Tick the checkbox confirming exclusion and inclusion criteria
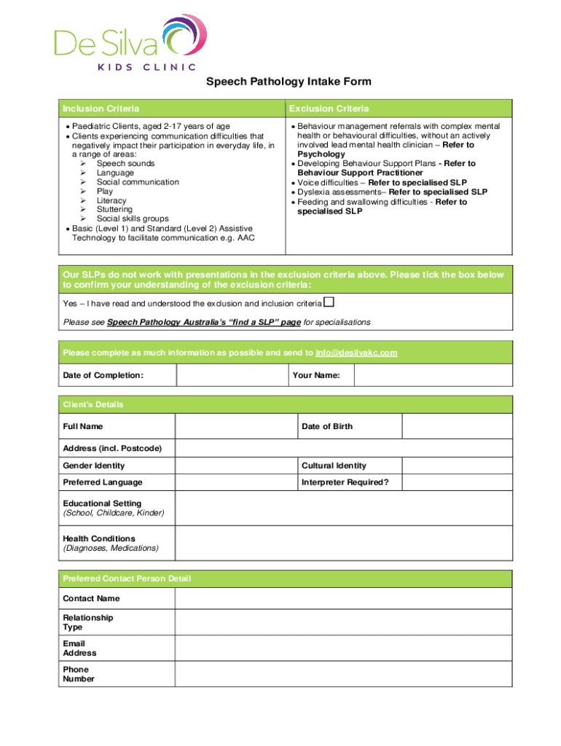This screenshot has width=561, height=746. click(329, 302)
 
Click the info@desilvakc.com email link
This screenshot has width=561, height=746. click(356, 353)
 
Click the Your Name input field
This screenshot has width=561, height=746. click(433, 375)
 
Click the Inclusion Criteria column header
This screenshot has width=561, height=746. click(101, 109)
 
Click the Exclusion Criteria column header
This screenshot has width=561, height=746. click(329, 109)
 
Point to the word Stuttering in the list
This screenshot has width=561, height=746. click(114, 210)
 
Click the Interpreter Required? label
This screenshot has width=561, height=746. click(345, 482)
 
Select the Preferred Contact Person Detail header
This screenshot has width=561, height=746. click(127, 578)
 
